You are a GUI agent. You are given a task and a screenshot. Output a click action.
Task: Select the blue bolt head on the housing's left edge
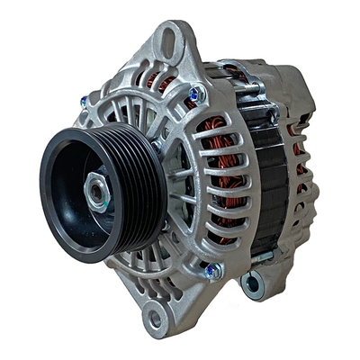pos(84,102)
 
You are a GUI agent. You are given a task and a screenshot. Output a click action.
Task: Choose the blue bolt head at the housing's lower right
pos(211,269)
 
